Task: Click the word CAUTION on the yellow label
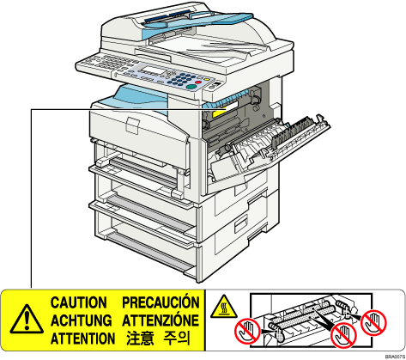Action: [78, 302]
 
